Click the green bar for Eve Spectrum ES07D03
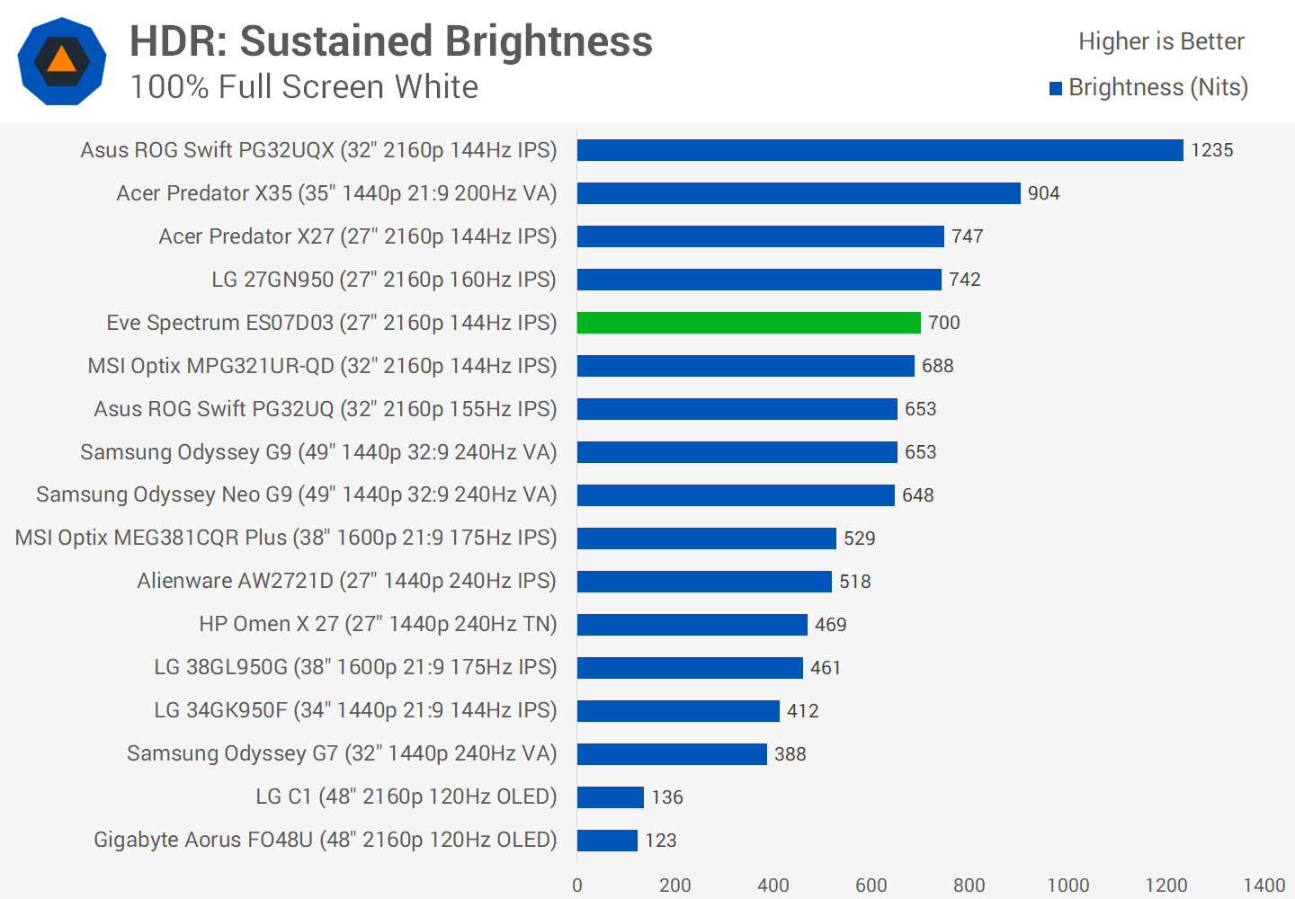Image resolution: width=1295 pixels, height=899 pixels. pos(748,323)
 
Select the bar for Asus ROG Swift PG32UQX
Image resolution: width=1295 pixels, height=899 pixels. pos(880,150)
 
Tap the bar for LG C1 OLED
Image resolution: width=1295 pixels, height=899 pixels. pos(610,797)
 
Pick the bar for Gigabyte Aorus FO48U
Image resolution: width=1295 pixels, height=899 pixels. pos(607,841)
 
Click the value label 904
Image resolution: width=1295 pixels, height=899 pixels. pos(1043,193)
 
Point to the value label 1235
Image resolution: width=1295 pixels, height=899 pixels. pos(1211,150)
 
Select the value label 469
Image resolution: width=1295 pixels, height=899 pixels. pos(830,625)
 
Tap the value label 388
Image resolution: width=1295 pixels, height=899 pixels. pos(790,754)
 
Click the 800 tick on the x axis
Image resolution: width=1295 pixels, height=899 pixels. pos(969,886)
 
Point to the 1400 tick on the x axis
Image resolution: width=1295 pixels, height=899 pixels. pos(1264,886)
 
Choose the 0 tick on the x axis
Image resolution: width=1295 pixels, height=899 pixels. pos(577,886)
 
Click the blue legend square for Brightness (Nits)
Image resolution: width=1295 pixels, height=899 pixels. pos(1056,88)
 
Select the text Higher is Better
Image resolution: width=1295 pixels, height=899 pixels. pos(1160,41)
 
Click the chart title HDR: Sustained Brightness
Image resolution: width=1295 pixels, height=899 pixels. pos(391,41)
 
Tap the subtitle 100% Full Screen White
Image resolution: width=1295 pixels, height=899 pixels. pos(304,87)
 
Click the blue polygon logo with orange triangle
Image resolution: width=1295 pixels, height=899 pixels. pos(62,61)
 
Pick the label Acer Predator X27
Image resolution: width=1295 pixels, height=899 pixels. pos(357,236)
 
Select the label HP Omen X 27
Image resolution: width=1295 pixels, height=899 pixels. pos(378,625)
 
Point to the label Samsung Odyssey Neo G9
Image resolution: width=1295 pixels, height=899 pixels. pos(296,495)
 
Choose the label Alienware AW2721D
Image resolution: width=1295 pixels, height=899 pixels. pos(346,582)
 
